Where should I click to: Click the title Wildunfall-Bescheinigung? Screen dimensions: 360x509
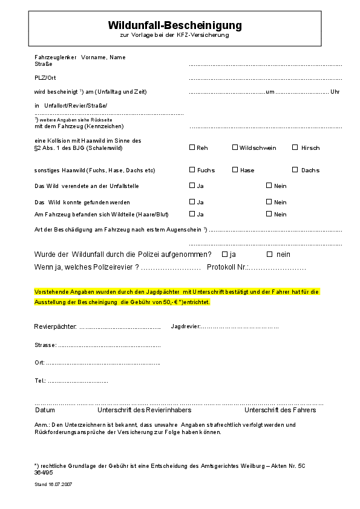pos(174,25)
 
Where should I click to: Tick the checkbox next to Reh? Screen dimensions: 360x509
pos(192,147)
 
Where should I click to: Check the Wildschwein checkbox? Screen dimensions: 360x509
pos(235,147)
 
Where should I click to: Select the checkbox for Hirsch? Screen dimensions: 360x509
pos(295,147)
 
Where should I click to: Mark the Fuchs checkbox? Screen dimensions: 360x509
pos(192,170)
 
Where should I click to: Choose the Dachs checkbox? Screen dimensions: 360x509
pos(295,170)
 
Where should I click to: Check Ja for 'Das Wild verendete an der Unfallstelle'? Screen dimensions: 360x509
pos(192,186)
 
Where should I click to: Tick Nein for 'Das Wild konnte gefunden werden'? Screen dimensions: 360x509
pos(269,202)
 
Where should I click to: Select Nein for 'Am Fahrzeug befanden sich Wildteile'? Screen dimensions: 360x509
pos(269,214)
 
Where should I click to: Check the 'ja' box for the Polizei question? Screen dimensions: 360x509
pos(224,254)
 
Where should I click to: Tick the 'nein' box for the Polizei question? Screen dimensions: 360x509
pos(270,254)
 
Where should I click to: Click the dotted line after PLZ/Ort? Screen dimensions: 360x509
pos(265,79)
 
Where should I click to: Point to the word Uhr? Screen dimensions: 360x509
pos(335,92)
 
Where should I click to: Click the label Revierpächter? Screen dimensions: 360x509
pos(55,326)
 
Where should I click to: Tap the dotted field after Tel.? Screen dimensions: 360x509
pos(78,382)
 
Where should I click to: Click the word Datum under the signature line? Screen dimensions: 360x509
pos(45,410)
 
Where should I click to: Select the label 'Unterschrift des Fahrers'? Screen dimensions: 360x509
pos(280,410)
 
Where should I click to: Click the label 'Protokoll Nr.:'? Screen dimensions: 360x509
pos(228,267)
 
